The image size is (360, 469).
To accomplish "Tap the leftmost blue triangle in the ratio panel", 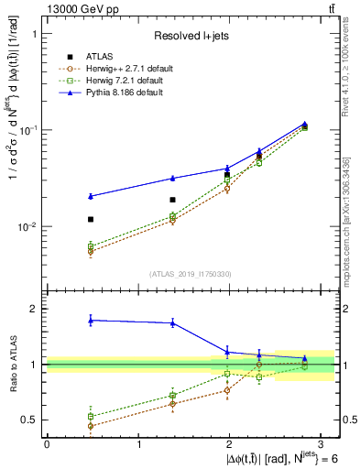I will tap(90, 320).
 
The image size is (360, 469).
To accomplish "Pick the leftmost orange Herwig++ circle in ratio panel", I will tap(90, 426).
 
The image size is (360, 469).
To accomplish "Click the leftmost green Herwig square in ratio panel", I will tap(90, 416).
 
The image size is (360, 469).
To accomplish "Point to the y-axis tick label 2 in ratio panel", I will tap(32, 310).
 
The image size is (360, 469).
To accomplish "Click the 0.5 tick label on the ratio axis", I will tap(27, 420).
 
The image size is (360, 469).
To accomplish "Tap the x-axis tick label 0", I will tap(47, 444).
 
